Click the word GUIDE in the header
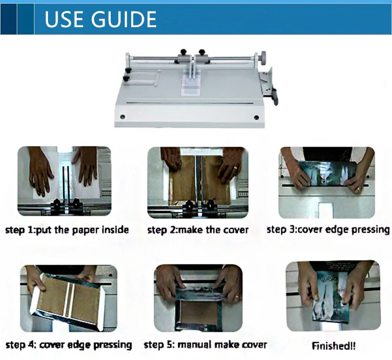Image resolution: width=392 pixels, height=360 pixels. [x=124, y=19]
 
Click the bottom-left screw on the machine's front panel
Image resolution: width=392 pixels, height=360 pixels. [x=122, y=117]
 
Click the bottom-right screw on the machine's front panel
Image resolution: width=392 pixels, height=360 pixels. [x=256, y=117]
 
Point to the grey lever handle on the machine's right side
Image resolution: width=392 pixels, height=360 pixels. [x=275, y=97]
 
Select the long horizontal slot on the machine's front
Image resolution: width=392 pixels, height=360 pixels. [x=190, y=103]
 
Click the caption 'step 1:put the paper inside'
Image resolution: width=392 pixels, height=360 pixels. [x=67, y=230]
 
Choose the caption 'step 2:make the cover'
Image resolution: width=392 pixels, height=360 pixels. [x=198, y=230]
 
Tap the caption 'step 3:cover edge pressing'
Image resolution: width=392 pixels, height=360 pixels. [x=328, y=229]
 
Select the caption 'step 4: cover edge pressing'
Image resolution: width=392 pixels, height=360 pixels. [x=69, y=345]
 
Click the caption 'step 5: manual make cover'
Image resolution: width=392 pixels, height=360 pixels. [x=205, y=345]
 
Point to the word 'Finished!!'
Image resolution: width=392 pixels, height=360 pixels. [x=333, y=346]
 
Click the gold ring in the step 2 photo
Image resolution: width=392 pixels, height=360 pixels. [x=235, y=168]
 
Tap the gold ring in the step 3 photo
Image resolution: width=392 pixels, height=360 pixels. [x=358, y=189]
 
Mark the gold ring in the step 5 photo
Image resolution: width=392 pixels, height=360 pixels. [x=236, y=297]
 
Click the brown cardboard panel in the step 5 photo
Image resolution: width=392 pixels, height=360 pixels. [x=199, y=313]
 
